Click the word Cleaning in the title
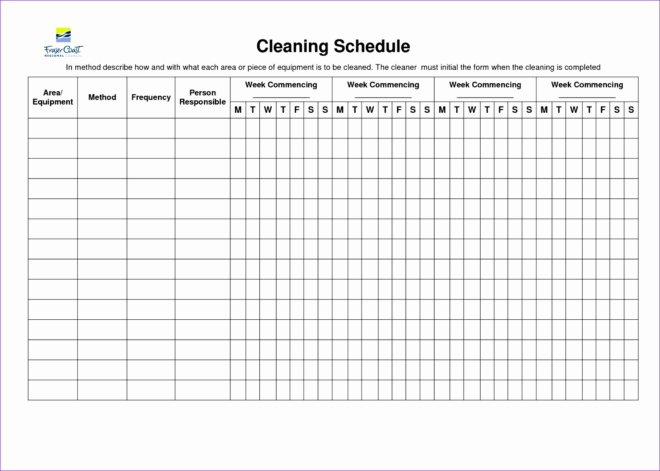click(292, 46)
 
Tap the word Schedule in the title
click(372, 46)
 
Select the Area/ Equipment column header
click(53, 98)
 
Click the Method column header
click(102, 98)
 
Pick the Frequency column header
click(151, 98)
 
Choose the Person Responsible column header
click(203, 98)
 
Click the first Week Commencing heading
click(281, 85)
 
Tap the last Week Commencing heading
click(587, 85)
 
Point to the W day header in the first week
click(268, 110)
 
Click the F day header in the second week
click(399, 110)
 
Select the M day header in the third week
click(442, 110)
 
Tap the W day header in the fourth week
click(574, 110)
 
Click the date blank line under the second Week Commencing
click(383, 97)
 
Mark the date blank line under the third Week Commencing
click(485, 97)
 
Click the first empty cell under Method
click(102, 128)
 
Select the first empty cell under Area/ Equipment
click(53, 128)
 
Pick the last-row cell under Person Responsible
click(203, 390)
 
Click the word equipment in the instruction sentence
click(296, 67)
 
